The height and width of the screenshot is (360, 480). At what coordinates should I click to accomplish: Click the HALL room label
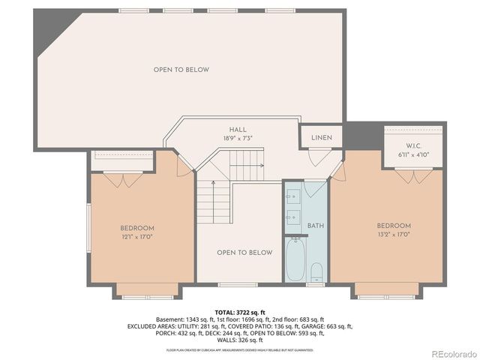pyautogui.click(x=238, y=130)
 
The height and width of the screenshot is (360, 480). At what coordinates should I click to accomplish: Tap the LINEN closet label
pyautogui.click(x=321, y=138)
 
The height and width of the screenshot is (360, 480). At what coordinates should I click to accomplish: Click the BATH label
pyautogui.click(x=315, y=225)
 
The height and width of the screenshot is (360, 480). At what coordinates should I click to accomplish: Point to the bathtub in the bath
pyautogui.click(x=295, y=259)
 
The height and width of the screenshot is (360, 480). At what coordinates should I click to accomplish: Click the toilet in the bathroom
pyautogui.click(x=316, y=271)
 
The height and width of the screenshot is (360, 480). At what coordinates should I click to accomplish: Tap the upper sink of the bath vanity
pyautogui.click(x=292, y=196)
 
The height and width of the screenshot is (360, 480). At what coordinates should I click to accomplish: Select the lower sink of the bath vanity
pyautogui.click(x=292, y=220)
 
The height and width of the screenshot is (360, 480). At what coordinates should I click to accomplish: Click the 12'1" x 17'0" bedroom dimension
pyautogui.click(x=137, y=237)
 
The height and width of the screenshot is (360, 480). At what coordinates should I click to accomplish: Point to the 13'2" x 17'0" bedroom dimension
pyautogui.click(x=394, y=235)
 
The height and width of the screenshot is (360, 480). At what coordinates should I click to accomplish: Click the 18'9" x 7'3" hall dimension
pyautogui.click(x=238, y=139)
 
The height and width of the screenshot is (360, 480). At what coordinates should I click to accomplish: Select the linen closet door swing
pyautogui.click(x=319, y=157)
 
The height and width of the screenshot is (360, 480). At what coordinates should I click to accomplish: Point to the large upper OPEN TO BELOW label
pyautogui.click(x=181, y=70)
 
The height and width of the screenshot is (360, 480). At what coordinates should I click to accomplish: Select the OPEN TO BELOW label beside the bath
pyautogui.click(x=244, y=253)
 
